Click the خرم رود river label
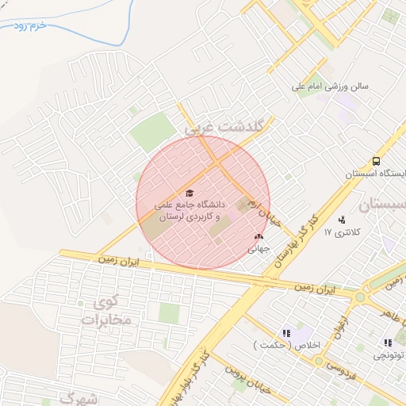32,25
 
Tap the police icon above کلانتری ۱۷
342,220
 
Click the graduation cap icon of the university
189,193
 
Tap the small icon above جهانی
258,236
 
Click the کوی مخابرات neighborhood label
105,312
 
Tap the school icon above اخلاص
286,334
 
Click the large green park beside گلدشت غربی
152,132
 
